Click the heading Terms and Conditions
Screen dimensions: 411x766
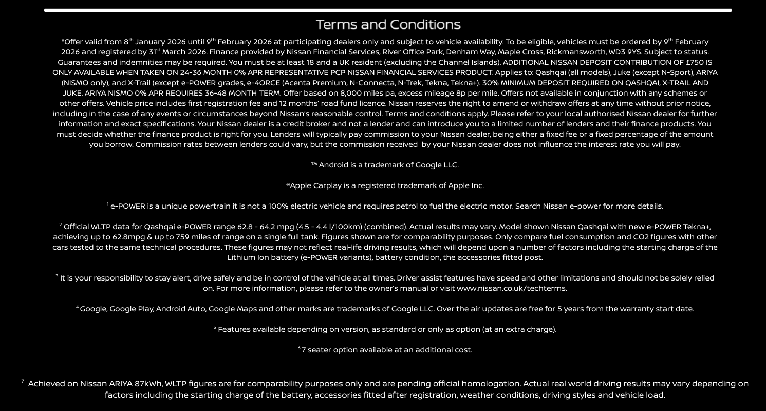[388, 25]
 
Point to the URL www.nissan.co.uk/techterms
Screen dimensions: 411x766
[512, 288]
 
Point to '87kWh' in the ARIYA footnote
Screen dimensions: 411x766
[148, 384]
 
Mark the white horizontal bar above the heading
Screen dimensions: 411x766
[388, 10]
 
